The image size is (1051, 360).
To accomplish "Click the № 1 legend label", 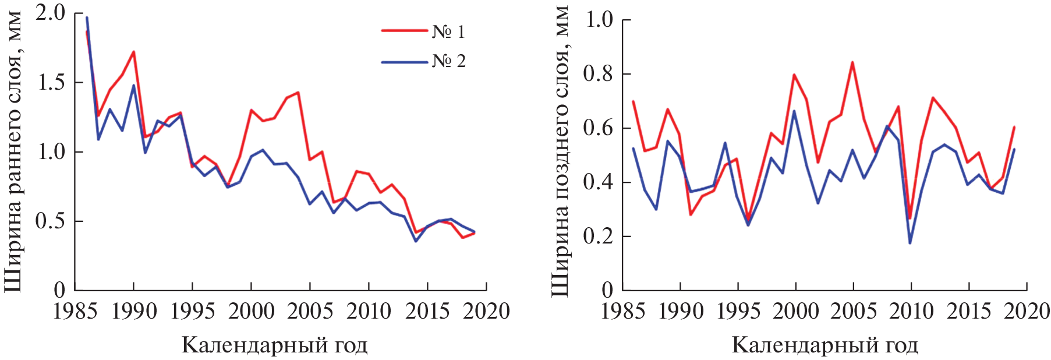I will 448,31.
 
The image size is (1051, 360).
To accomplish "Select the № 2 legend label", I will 448,61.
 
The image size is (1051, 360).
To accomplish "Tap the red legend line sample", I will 404,30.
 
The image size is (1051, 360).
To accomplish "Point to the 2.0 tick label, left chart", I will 51,13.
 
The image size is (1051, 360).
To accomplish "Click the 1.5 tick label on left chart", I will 51,82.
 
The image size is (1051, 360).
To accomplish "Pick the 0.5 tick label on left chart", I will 51,221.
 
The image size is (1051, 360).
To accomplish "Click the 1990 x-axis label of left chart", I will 134,311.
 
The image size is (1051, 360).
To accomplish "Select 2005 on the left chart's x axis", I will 310,311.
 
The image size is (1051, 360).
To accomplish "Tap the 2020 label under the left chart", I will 486,311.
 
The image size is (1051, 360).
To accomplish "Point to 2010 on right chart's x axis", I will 911,311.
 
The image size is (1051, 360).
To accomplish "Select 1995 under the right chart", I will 738,311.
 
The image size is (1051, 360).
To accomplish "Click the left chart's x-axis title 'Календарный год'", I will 274,345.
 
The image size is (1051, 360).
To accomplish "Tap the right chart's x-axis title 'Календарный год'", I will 824,345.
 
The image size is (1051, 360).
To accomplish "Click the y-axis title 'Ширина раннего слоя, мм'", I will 13,151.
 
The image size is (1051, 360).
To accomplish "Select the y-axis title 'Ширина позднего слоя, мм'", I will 560,151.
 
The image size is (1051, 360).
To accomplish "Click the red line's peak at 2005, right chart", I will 853,62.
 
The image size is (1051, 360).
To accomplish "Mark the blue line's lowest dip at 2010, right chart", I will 910,243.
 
